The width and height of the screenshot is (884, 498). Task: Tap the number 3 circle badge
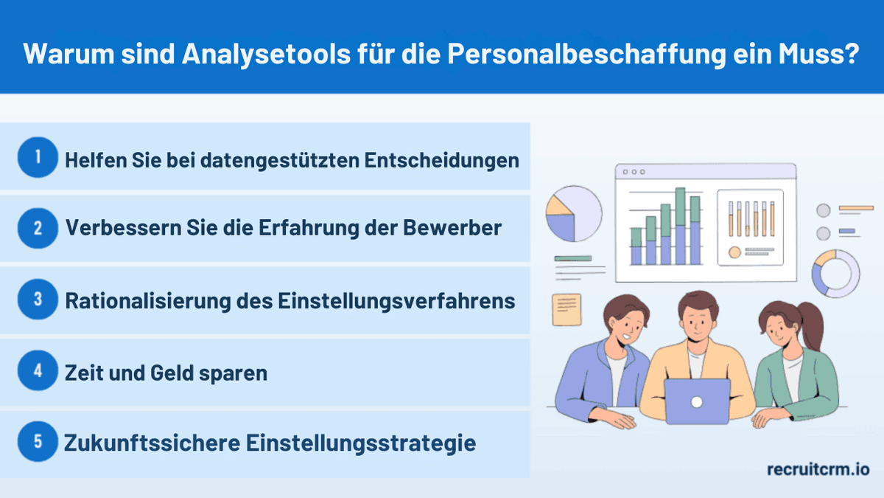pos(38,300)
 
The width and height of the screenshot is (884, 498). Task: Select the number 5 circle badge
pos(38,443)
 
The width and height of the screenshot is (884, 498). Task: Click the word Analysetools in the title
pos(217,55)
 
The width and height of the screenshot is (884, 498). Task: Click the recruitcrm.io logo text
pos(818,469)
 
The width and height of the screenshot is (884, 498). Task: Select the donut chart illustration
pos(835,274)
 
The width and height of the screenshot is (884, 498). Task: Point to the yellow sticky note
pos(566,309)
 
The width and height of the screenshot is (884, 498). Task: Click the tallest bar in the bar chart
pos(680,226)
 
